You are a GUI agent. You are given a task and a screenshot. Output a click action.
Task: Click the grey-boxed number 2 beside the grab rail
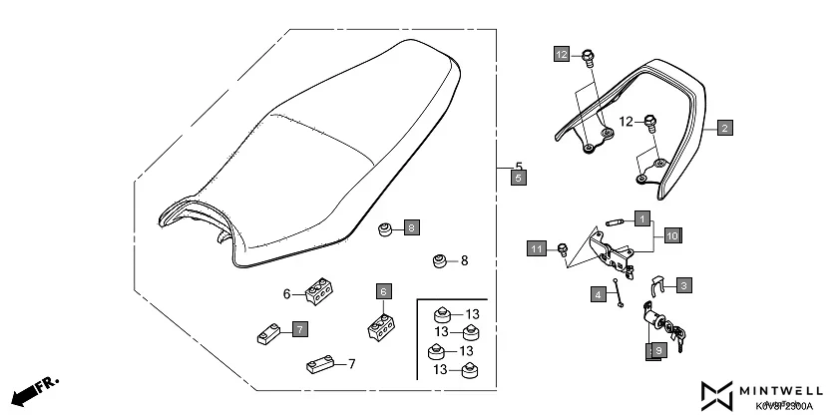(x=724, y=128)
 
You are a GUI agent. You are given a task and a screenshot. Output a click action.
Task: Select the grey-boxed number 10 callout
(x=672, y=235)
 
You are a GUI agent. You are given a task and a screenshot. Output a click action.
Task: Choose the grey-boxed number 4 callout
(x=599, y=294)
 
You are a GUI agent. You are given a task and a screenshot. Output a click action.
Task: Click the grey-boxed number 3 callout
(x=683, y=285)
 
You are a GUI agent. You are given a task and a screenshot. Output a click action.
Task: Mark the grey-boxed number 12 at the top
(x=562, y=54)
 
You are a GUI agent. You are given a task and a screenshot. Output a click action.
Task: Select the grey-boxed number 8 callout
(x=412, y=228)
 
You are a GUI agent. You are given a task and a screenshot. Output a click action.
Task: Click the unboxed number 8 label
(x=464, y=260)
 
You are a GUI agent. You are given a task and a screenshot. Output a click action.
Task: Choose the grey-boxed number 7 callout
(x=299, y=328)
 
